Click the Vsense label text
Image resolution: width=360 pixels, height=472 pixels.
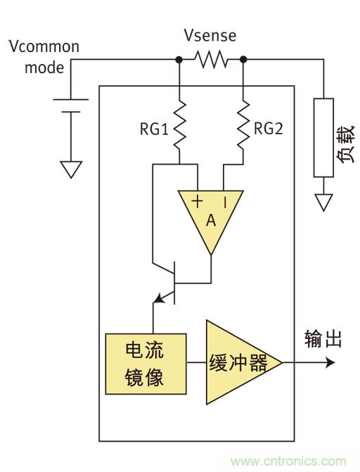pos(210,35)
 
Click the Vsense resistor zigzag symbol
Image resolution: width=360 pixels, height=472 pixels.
pos(212,60)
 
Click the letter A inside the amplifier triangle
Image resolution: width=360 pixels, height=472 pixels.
pos(210,221)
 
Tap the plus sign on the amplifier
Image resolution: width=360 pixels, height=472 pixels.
pos(197,202)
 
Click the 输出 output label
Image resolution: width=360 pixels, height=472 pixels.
pos(323,339)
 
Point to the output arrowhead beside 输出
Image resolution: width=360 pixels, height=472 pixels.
pos(330,364)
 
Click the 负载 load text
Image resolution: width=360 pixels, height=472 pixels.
pos(345,149)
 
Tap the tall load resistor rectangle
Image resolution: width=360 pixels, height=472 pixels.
pos(323,138)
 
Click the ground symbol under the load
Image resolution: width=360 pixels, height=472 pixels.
pos(323,203)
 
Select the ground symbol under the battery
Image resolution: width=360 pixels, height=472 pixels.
pos(71,170)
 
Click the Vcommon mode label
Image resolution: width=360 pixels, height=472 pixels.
pos(43,58)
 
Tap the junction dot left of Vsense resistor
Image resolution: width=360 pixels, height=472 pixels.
pos(180,60)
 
